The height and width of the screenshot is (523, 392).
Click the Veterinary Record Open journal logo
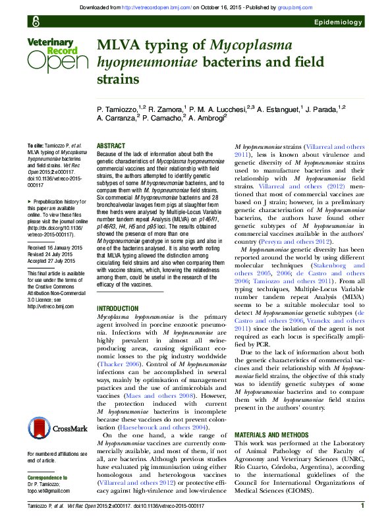coord(57,55)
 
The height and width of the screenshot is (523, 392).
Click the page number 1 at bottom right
coord(362,505)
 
